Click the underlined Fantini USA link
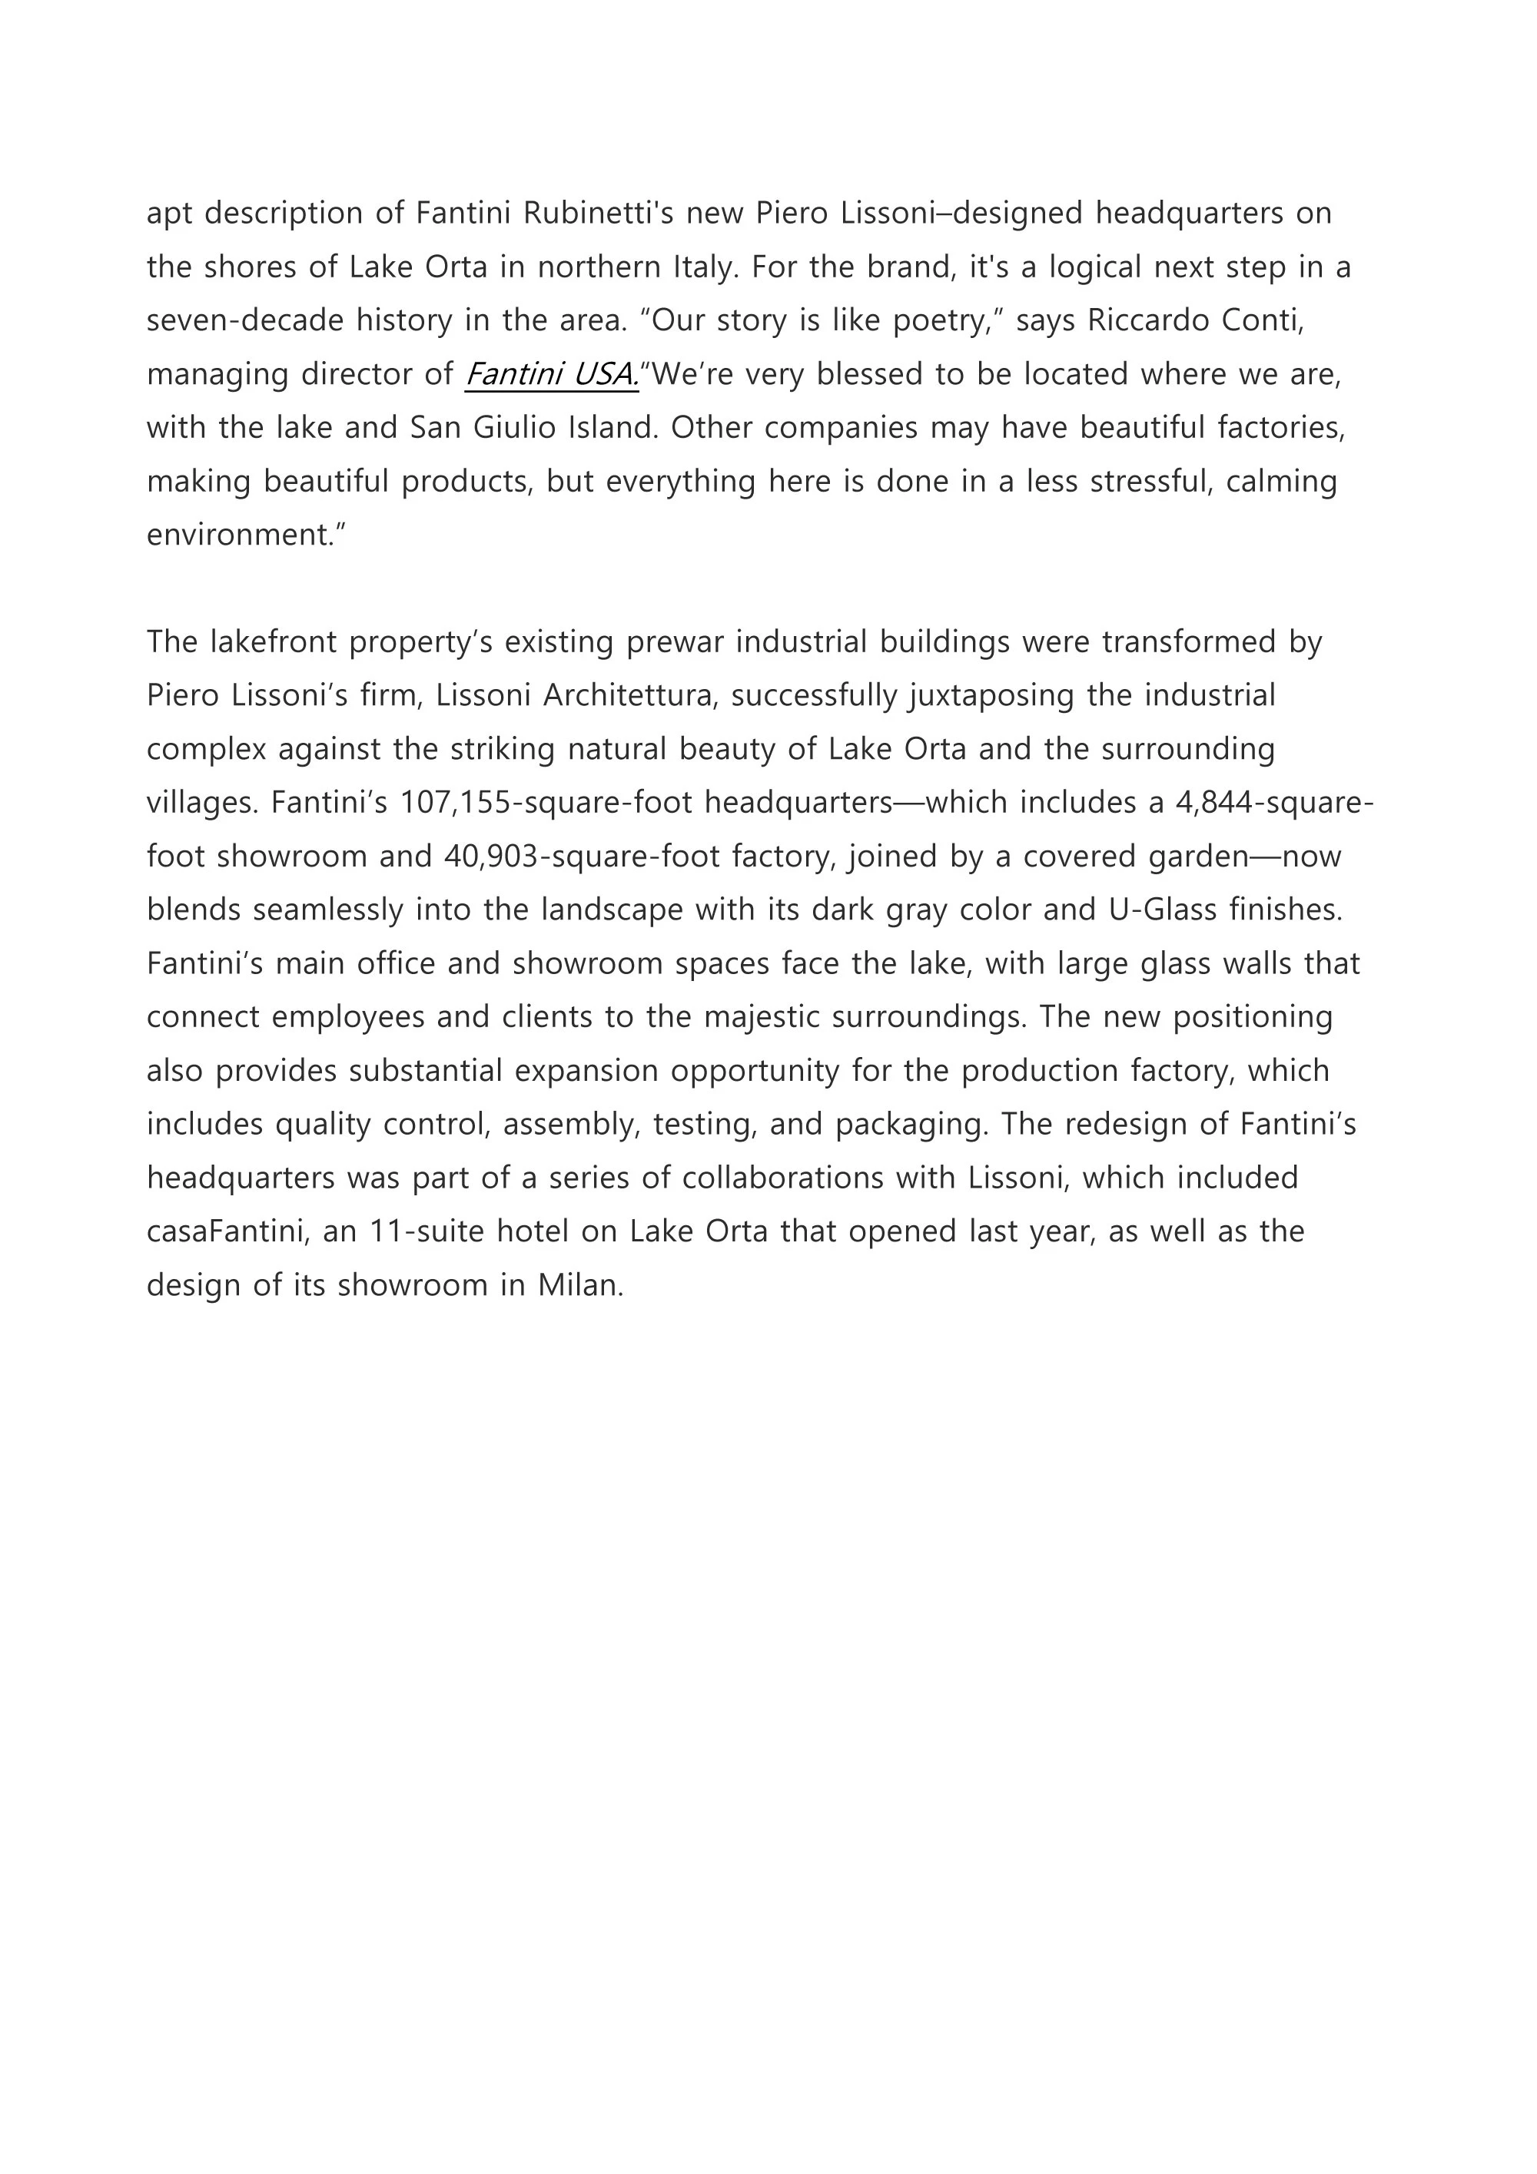click(551, 375)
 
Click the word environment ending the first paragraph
click(245, 536)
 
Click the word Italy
click(704, 268)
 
